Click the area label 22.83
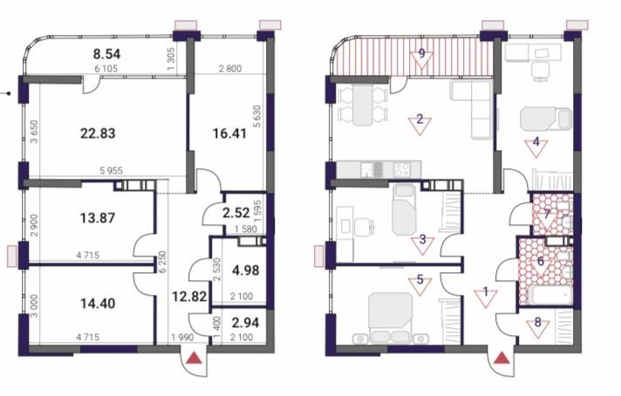point(98,133)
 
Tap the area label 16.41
point(229,133)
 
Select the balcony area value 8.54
point(106,54)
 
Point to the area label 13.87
point(98,218)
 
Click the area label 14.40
point(98,304)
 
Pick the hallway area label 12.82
point(189,296)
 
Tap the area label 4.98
point(246,270)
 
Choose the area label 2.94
point(246,323)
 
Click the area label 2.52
point(236,213)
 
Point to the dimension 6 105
point(106,69)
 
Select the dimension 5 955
point(111,171)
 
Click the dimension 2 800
point(230,69)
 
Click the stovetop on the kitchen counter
point(403,169)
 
